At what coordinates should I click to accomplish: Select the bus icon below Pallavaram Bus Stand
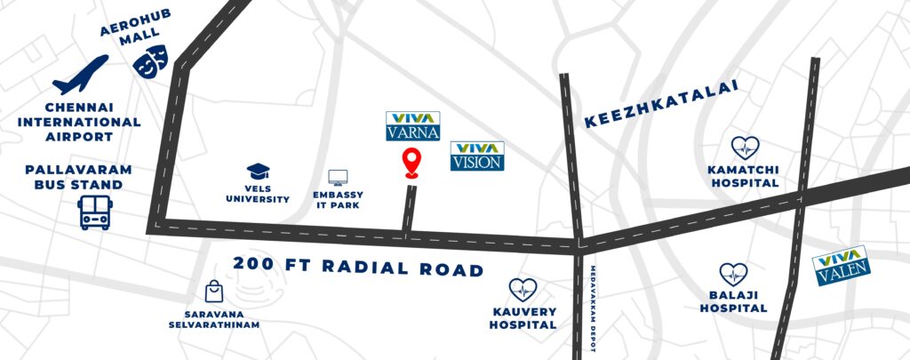pyautogui.click(x=93, y=213)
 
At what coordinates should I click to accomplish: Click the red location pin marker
pyautogui.click(x=411, y=164)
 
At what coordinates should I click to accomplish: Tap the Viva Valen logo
pyautogui.click(x=841, y=264)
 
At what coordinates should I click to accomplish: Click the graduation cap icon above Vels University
pyautogui.click(x=257, y=170)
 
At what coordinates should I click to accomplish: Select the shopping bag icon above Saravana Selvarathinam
pyautogui.click(x=213, y=292)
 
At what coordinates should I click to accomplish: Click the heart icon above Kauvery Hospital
pyautogui.click(x=523, y=289)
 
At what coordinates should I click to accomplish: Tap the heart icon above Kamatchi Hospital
pyautogui.click(x=744, y=148)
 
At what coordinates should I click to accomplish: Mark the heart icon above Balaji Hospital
pyautogui.click(x=732, y=274)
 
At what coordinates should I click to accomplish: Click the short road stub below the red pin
pyautogui.click(x=409, y=211)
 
